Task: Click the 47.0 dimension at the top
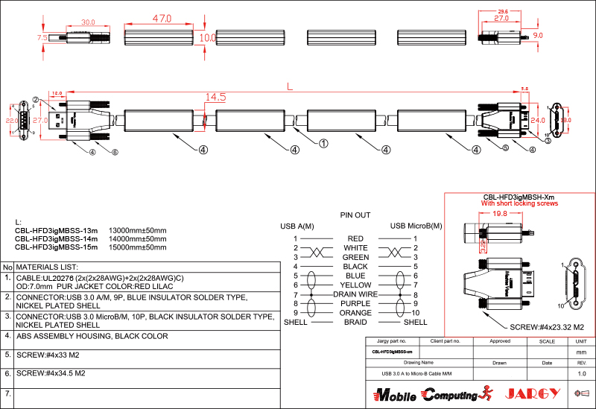coord(162,18)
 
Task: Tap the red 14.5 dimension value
coord(215,97)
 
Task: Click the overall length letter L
coord(290,86)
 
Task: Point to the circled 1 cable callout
coord(323,142)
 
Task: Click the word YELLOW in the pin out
coord(355,285)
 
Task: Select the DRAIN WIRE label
coord(355,294)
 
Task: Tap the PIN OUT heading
coord(355,215)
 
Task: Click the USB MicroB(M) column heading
coord(416,226)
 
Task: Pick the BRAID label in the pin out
coord(355,322)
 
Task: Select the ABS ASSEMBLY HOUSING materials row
coord(92,336)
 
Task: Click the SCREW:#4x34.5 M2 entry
coord(51,373)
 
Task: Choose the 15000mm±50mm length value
coord(138,247)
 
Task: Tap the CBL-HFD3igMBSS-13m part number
coord(57,230)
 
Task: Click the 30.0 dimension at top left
coord(89,22)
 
